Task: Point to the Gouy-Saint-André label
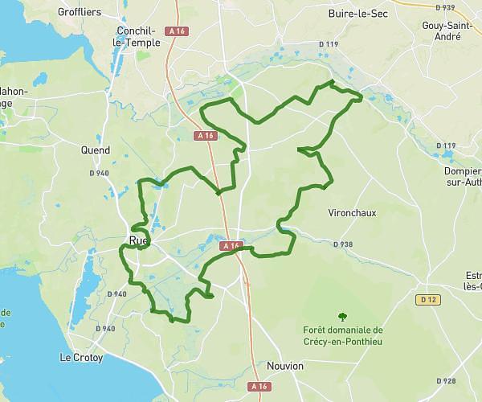coord(443,31)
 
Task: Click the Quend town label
coord(96,150)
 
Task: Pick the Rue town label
coord(138,240)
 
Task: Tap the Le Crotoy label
coord(82,357)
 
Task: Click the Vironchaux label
coord(350,214)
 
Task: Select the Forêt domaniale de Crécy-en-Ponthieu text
coord(344,334)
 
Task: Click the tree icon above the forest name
coord(343,317)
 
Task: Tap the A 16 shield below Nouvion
coord(259,387)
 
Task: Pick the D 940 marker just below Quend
coord(100,173)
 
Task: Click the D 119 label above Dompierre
coord(445,146)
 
